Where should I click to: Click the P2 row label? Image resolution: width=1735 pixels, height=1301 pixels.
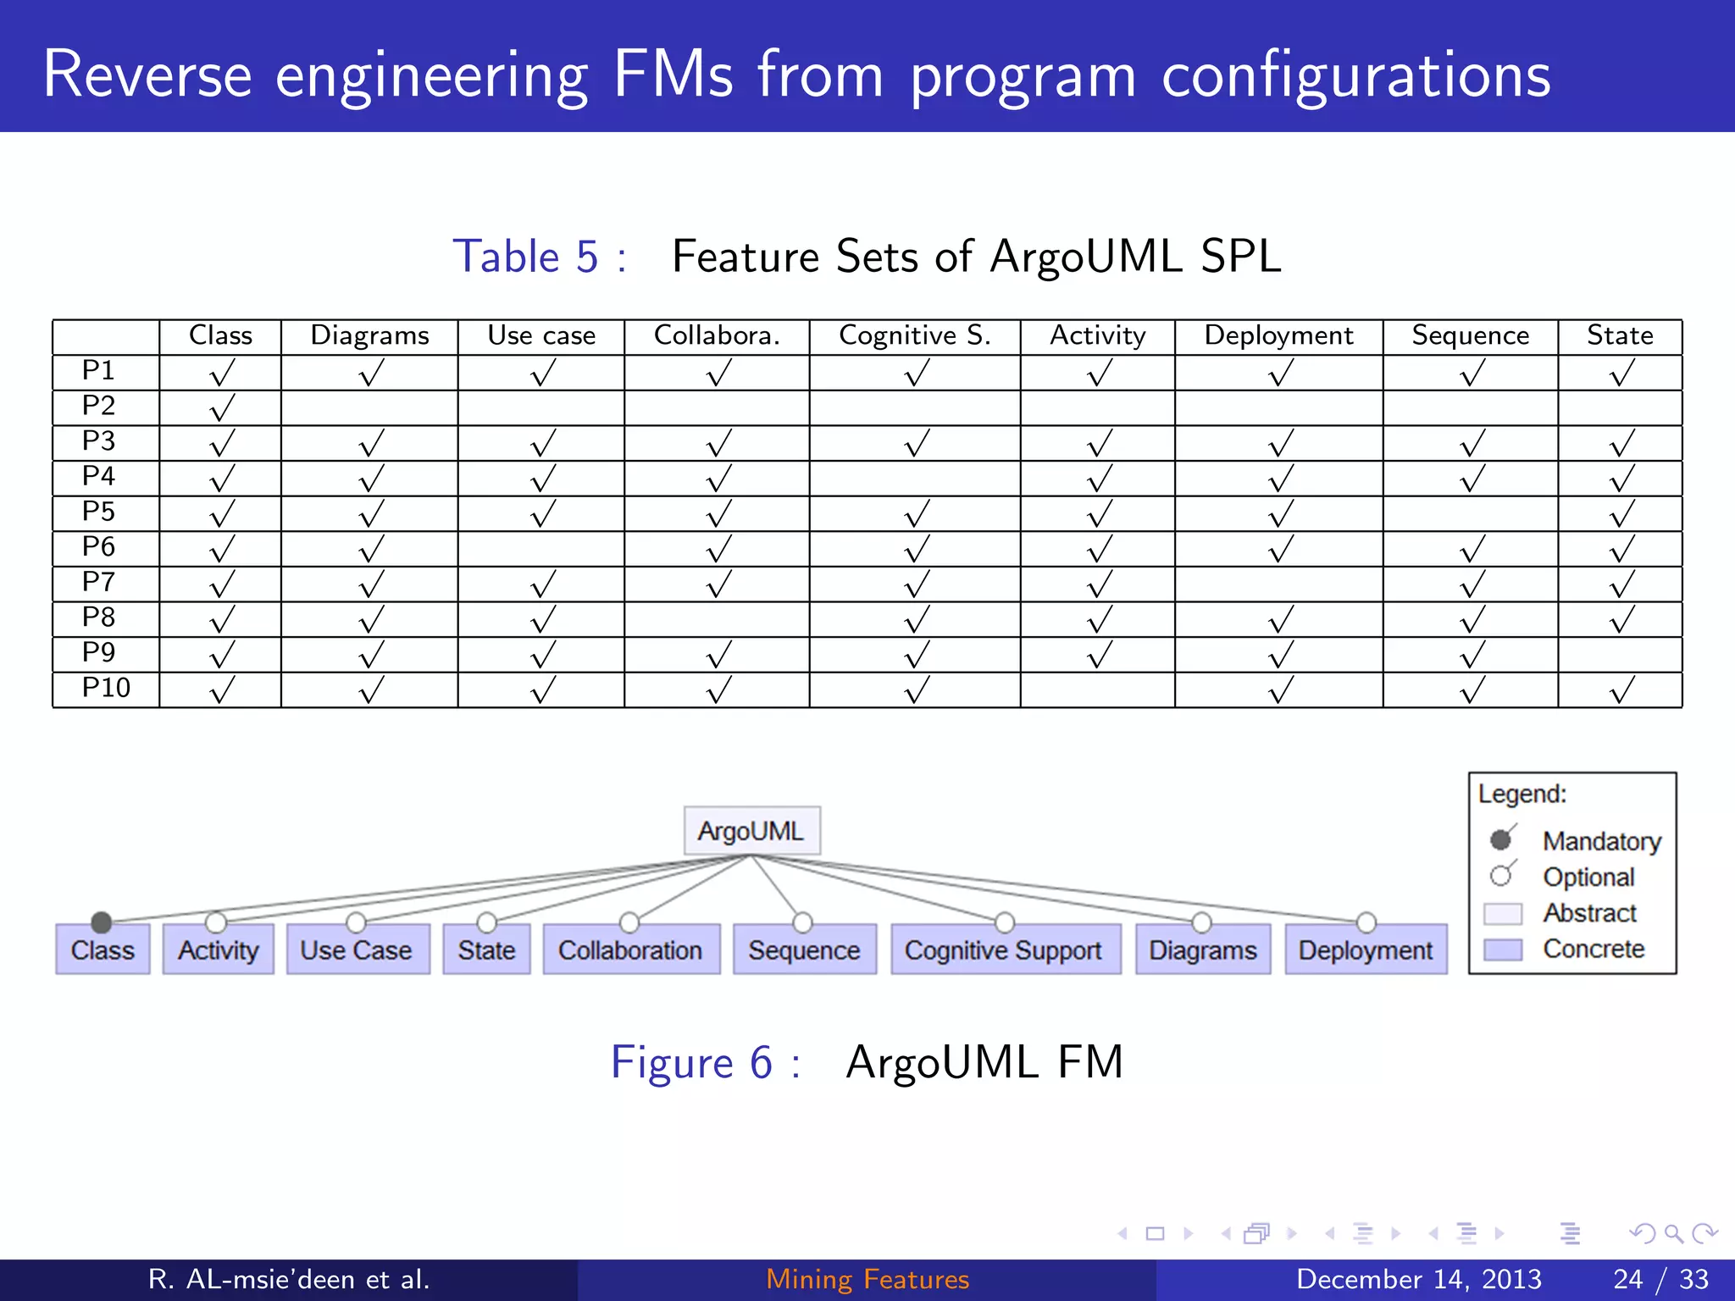point(99,407)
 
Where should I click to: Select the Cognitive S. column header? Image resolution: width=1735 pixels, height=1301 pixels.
point(914,336)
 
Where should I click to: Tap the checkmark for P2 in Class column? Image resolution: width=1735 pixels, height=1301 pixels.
point(221,408)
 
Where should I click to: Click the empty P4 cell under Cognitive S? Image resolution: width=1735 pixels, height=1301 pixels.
point(914,479)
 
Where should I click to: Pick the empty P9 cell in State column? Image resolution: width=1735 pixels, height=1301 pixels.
point(1620,655)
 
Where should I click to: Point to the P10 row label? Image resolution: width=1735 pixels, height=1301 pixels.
point(106,688)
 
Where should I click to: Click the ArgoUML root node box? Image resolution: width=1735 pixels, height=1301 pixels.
point(751,831)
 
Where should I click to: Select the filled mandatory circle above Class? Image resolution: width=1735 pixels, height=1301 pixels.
point(102,922)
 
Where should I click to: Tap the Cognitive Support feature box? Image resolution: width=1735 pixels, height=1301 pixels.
point(1005,950)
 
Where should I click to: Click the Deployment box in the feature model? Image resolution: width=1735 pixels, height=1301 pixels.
point(1366,950)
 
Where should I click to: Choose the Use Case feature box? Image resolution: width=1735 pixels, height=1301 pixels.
point(357,950)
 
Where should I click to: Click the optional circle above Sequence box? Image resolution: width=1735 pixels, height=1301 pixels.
point(802,922)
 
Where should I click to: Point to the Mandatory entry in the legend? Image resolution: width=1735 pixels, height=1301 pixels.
point(1600,841)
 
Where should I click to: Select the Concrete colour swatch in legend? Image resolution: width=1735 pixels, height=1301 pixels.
point(1503,949)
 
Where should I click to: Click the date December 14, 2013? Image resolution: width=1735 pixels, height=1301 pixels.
point(1418,1279)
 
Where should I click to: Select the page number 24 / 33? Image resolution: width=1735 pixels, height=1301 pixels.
point(1660,1279)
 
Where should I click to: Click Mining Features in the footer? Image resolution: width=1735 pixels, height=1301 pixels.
point(867,1279)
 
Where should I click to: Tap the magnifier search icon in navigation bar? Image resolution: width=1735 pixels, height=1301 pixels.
point(1673,1234)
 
